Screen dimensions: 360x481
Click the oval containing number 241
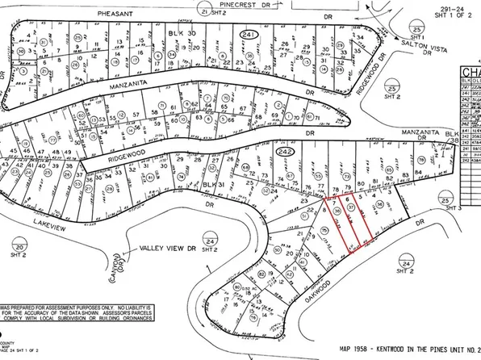tap(249, 33)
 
